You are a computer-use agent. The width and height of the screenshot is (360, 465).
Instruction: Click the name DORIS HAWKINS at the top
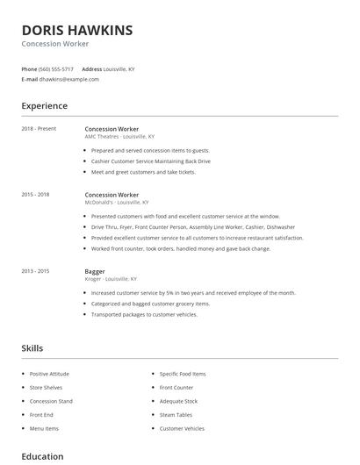coord(77,30)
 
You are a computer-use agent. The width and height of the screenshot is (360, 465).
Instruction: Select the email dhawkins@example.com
coord(68,79)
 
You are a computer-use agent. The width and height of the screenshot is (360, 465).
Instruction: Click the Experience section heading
coord(44,106)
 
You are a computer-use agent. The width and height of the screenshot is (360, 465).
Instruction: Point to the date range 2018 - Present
coord(39,129)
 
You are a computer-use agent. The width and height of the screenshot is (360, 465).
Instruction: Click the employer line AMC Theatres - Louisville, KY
coord(119,137)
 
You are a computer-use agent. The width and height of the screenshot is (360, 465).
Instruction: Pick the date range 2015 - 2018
coord(35,194)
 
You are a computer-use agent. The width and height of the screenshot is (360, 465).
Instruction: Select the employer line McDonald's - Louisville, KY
coord(117,202)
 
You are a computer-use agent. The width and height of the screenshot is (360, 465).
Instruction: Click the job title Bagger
coord(95,271)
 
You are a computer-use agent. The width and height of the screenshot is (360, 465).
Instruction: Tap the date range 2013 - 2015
coord(35,271)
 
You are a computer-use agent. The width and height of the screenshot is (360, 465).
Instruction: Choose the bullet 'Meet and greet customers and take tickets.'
coord(143,172)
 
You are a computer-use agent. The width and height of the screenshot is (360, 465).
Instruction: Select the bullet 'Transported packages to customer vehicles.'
coord(144,313)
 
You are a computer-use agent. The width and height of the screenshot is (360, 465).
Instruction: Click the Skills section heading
coord(32,348)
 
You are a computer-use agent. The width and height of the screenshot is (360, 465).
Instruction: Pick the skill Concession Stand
coord(51,401)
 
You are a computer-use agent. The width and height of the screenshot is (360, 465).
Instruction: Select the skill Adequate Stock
coord(178,401)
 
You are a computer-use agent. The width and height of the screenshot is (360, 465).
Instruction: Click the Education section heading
coord(42,456)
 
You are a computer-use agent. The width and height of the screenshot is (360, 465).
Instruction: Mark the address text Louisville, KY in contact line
coord(119,68)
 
